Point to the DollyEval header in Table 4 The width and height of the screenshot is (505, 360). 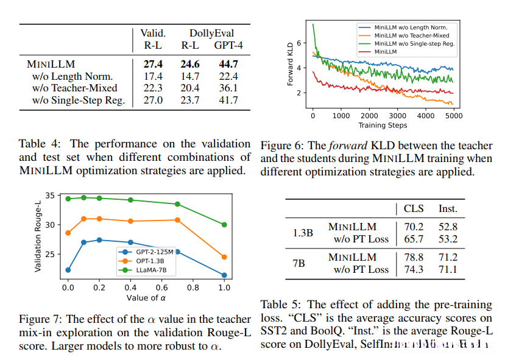pos(211,33)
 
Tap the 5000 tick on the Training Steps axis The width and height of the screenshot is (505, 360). pos(453,115)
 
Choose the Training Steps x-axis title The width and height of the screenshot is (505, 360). pos(383,125)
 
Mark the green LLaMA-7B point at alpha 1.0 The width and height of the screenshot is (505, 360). pos(224,225)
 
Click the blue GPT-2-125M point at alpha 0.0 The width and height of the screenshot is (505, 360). pos(68,270)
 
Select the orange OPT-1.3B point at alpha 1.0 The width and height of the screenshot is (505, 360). pos(224,256)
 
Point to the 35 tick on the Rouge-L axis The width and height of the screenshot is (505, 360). pos(54,196)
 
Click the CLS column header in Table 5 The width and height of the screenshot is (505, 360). pos(414,208)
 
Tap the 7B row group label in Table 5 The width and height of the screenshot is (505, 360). pos(298,263)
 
